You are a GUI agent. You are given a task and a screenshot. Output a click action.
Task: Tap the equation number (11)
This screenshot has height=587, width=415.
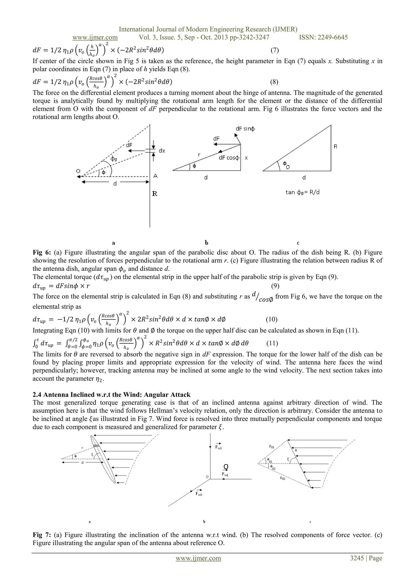(x=272, y=343)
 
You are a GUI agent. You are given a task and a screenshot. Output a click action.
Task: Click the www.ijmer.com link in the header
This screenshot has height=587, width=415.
(x=95, y=37)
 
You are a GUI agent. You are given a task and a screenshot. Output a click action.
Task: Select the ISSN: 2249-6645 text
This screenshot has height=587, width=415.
(x=323, y=37)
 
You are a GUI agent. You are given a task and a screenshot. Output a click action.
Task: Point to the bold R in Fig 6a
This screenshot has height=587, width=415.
(x=155, y=194)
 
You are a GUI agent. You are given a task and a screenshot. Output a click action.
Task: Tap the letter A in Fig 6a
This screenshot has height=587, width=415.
(x=155, y=176)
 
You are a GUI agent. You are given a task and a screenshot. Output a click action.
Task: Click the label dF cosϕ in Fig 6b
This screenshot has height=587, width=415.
(x=229, y=158)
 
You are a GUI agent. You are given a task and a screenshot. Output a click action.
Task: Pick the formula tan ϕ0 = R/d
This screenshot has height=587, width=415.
(x=303, y=192)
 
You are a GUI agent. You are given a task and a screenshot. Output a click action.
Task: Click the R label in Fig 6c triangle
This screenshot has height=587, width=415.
(x=336, y=146)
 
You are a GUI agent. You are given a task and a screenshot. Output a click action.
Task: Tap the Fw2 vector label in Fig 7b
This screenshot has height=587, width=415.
(x=218, y=446)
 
